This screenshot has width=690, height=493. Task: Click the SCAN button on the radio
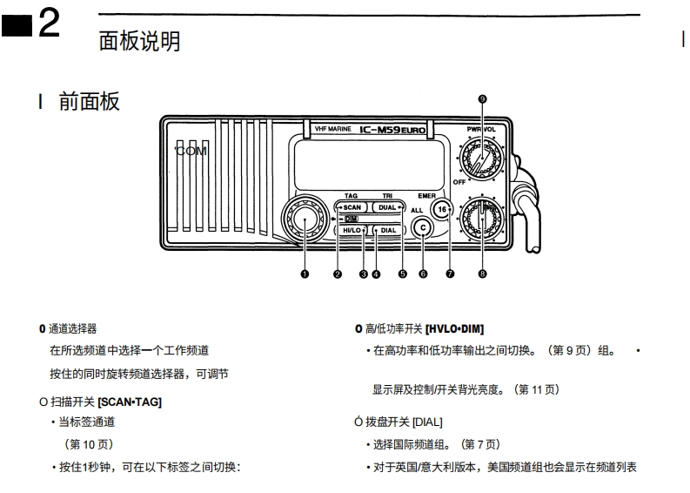point(352,207)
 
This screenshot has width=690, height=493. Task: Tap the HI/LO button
point(352,230)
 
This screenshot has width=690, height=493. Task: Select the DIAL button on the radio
point(388,230)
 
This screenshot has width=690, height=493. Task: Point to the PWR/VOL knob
point(481,159)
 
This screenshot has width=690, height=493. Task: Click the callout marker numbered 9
point(482,99)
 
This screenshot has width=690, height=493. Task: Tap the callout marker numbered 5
point(402,274)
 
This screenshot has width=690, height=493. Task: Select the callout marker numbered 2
point(338,274)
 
